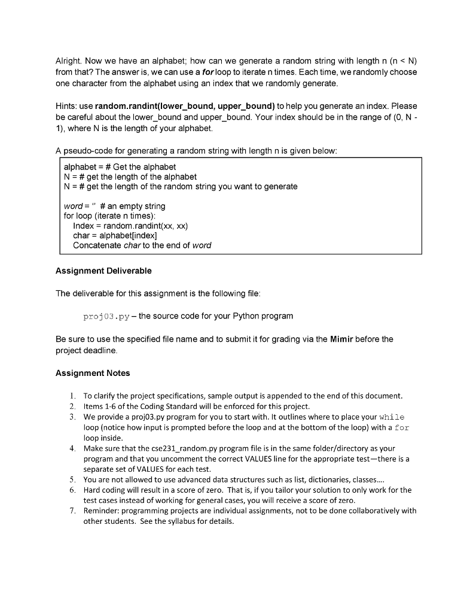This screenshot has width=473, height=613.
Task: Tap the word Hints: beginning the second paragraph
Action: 67,107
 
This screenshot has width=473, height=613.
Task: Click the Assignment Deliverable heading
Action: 103,271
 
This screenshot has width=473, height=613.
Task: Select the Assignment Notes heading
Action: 93,373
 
